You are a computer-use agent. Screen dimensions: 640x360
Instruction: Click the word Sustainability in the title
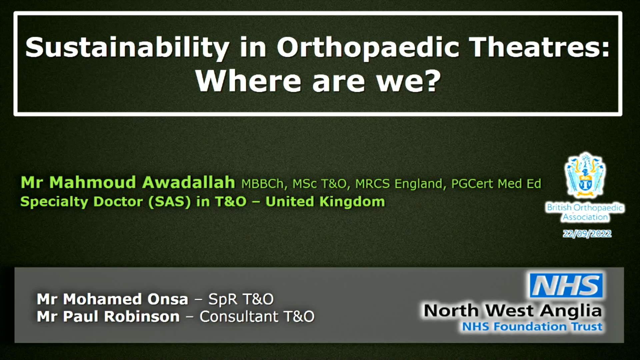127,48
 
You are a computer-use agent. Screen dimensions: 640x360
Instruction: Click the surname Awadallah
189,182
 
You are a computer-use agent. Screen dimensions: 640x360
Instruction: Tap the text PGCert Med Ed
496,184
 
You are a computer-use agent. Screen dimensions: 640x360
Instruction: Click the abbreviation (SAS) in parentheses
169,202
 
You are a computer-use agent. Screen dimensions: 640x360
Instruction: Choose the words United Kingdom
325,201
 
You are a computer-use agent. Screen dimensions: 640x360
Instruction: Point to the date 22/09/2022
587,234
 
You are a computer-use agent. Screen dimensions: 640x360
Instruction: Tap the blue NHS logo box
566,285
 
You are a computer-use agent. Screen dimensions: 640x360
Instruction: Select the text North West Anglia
513,311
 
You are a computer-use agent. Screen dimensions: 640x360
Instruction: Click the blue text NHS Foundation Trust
532,327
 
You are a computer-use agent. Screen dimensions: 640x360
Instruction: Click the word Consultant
239,316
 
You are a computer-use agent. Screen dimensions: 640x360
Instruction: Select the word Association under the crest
585,217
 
